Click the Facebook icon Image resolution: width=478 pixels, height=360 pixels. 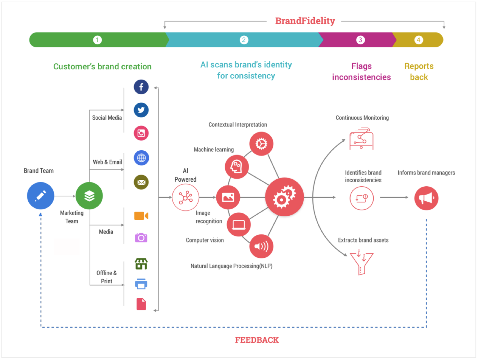pos(141,87)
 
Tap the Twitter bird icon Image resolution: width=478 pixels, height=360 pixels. pos(141,110)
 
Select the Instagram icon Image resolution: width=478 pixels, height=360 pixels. pos(141,133)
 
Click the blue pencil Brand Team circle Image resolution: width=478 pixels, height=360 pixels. pos(40,196)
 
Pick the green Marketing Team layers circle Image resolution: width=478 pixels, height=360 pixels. pos(89,196)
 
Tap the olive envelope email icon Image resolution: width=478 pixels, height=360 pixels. pos(141,182)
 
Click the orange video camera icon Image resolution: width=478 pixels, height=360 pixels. pos(141,216)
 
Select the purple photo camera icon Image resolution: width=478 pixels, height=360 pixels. pos(141,238)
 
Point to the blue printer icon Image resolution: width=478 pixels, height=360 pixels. pos(141,284)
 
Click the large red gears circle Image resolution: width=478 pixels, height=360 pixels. pos(284,197)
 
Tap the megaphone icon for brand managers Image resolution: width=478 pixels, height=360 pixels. pos(426,198)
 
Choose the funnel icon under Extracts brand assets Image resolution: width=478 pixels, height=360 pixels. pos(361,263)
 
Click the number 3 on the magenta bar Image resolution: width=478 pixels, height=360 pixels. pos(360,40)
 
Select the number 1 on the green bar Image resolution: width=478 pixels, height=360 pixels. pos(97,40)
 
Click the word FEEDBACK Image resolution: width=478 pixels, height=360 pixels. pos(257,340)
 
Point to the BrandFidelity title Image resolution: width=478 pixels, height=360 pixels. pos(305,21)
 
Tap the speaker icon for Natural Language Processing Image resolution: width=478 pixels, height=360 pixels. pos(261,246)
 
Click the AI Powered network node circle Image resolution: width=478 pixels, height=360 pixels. pos(185,198)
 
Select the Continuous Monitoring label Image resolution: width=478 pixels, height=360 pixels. pos(362,118)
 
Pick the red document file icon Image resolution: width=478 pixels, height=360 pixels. pos(141,304)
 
